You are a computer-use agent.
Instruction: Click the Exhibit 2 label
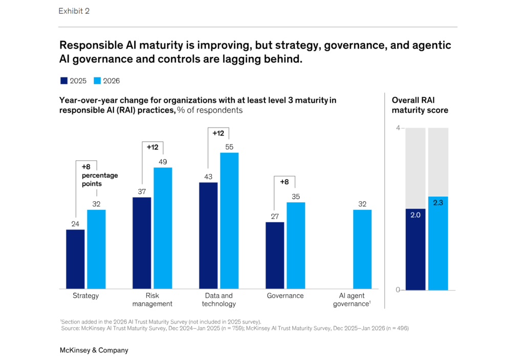pyautogui.click(x=74, y=11)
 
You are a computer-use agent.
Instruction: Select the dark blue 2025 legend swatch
pyautogui.click(x=63, y=80)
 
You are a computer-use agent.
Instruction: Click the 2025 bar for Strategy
pyautogui.click(x=75, y=259)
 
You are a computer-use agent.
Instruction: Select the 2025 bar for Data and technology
pyautogui.click(x=208, y=236)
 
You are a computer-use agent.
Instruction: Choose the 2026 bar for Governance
pyautogui.click(x=296, y=246)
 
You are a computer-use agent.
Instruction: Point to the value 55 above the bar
pyautogui.click(x=229, y=147)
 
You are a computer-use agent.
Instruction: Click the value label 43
pyautogui.click(x=208, y=177)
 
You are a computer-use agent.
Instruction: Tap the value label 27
pyautogui.click(x=275, y=216)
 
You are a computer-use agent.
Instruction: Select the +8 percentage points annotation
pyautogui.click(x=99, y=175)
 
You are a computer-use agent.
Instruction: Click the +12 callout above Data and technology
pyautogui.click(x=219, y=133)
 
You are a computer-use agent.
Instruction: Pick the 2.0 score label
pyautogui.click(x=415, y=215)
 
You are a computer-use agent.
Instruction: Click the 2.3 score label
pyautogui.click(x=438, y=203)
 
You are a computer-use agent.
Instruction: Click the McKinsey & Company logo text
pyautogui.click(x=94, y=350)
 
